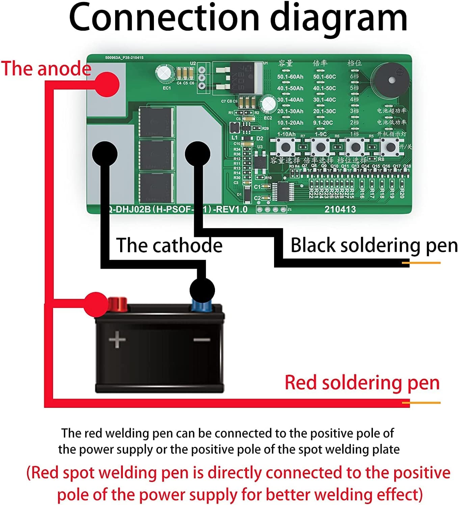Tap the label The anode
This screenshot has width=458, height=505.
click(x=46, y=69)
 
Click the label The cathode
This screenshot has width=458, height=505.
click(x=169, y=245)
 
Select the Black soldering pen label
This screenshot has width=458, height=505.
click(x=374, y=245)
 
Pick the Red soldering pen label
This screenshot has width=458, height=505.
click(x=362, y=383)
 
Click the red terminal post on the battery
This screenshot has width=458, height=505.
click(x=117, y=304)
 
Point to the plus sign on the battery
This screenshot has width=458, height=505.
click(x=117, y=339)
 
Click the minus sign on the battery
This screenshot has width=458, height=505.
click(x=202, y=340)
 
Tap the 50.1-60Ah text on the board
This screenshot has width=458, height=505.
click(x=290, y=77)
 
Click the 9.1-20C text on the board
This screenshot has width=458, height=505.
click(x=323, y=123)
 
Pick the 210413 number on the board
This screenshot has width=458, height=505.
click(x=340, y=210)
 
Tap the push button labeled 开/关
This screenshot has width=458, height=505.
click(x=390, y=147)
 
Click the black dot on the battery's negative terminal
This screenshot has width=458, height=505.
click(x=202, y=290)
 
